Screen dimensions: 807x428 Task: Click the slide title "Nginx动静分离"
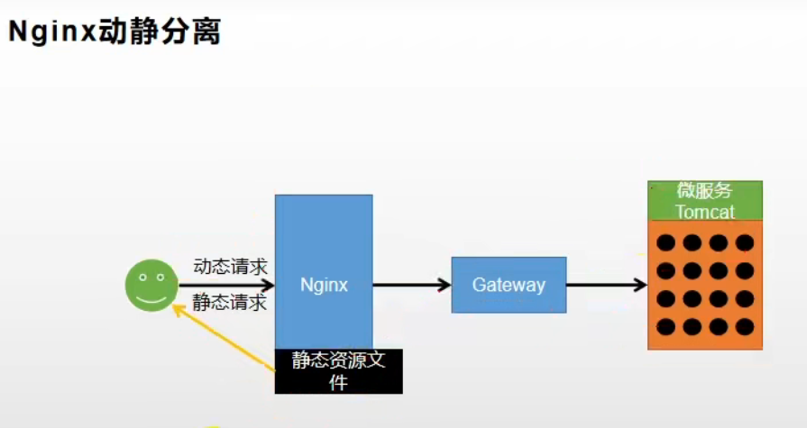pos(115,33)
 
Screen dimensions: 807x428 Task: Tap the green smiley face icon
pos(151,285)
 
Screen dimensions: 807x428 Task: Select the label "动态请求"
pos(230,267)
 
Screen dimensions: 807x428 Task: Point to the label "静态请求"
pos(230,303)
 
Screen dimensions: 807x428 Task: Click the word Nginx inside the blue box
pos(324,285)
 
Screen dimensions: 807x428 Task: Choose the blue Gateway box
pos(509,285)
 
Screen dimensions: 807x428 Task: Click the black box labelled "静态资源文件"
pos(338,370)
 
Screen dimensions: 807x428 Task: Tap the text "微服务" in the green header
pos(705,191)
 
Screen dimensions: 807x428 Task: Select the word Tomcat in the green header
pos(705,212)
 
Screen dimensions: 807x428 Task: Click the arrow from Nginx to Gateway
pos(411,285)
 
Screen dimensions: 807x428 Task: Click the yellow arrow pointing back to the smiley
pos(225,338)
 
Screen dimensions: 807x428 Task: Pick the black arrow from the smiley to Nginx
pos(225,285)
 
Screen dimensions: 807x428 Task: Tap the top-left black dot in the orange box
pos(665,242)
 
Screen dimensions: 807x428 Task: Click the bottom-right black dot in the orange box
pos(744,326)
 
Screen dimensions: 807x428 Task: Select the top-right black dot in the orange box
pos(744,242)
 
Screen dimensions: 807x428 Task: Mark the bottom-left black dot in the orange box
pos(665,326)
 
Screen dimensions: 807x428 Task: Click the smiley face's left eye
pos(142,277)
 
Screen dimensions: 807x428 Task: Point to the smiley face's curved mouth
pos(151,297)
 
